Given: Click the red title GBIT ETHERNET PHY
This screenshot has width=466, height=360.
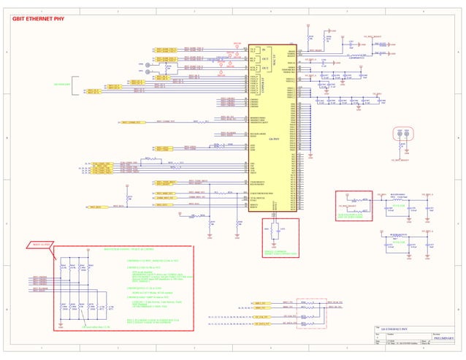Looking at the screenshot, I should tap(34, 20).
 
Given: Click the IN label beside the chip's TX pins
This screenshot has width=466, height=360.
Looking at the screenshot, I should tap(263, 49).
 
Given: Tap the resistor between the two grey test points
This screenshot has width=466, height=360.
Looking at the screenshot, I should tap(168, 68).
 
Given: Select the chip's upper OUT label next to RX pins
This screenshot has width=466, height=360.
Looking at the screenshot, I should tap(263, 58).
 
